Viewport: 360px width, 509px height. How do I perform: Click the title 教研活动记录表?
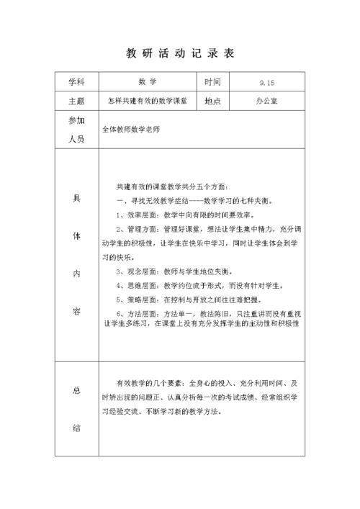point(180,54)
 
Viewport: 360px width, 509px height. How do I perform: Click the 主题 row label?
point(77,102)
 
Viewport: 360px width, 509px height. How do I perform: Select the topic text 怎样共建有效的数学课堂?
point(148,102)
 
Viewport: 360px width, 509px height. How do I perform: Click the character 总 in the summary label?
point(77,390)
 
